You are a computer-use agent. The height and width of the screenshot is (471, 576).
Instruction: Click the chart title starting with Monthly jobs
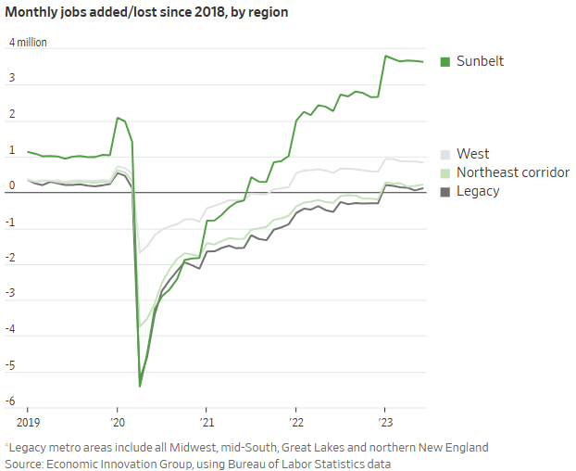click(x=148, y=13)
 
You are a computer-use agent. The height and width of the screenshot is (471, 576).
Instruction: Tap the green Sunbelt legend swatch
click(x=445, y=61)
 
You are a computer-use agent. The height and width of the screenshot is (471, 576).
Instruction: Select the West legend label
click(x=472, y=154)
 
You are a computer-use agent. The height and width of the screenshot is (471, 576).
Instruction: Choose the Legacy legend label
click(x=478, y=191)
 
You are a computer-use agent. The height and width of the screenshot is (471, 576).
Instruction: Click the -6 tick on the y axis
click(x=12, y=401)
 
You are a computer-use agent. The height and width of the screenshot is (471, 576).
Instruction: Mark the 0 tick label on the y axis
click(x=12, y=185)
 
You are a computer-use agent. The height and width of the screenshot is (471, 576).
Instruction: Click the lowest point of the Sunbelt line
click(x=140, y=386)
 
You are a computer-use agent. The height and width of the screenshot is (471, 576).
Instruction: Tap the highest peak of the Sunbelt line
click(x=385, y=56)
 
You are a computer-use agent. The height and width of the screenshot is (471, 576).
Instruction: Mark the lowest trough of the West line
click(x=140, y=252)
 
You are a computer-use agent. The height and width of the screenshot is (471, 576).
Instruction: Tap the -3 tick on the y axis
click(x=12, y=293)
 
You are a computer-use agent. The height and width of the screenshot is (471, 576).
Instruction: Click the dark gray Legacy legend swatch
click(x=445, y=191)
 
